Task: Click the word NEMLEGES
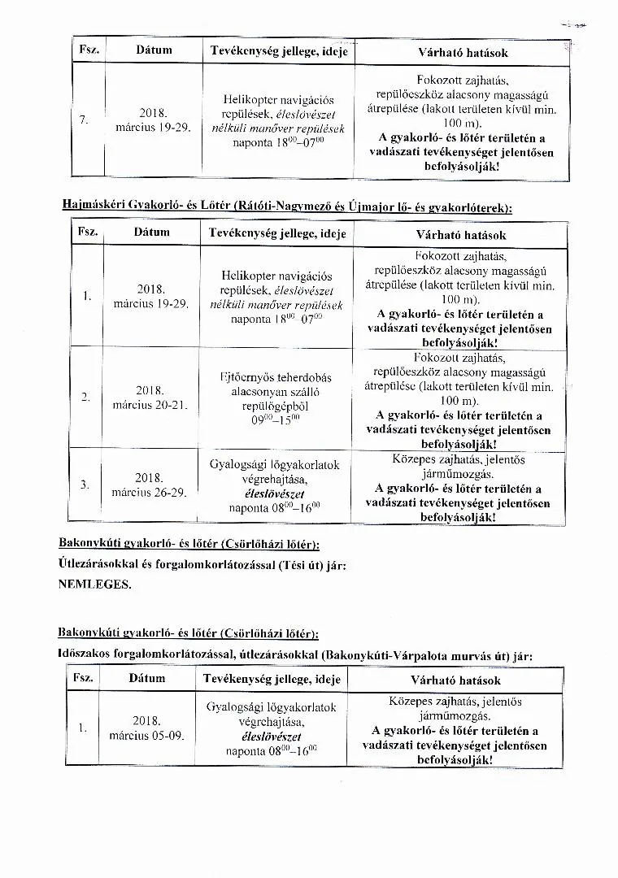tap(94, 584)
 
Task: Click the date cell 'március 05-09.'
tap(146, 735)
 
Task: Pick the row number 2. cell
tap(85, 397)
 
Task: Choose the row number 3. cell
tap(85, 485)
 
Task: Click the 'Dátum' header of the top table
tap(154, 50)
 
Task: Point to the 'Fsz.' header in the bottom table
tap(83, 677)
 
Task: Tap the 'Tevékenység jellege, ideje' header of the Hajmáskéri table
tap(277, 233)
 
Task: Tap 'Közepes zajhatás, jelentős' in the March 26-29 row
tap(458, 459)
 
